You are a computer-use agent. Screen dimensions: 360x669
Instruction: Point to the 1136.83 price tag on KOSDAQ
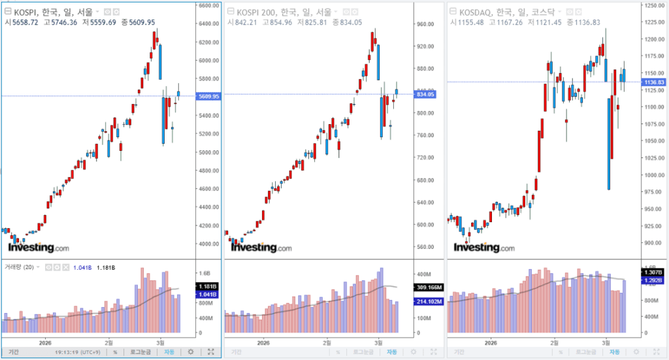tap(653, 82)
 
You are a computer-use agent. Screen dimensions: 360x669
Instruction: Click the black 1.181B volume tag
tap(208, 286)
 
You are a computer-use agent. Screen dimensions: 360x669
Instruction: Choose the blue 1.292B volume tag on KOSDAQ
tap(653, 280)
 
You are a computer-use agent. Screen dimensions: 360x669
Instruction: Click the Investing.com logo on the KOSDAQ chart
tap(484, 248)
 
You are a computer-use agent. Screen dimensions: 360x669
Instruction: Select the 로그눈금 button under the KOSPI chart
tap(140, 352)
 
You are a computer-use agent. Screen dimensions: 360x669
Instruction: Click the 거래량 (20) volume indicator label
tap(20, 267)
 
